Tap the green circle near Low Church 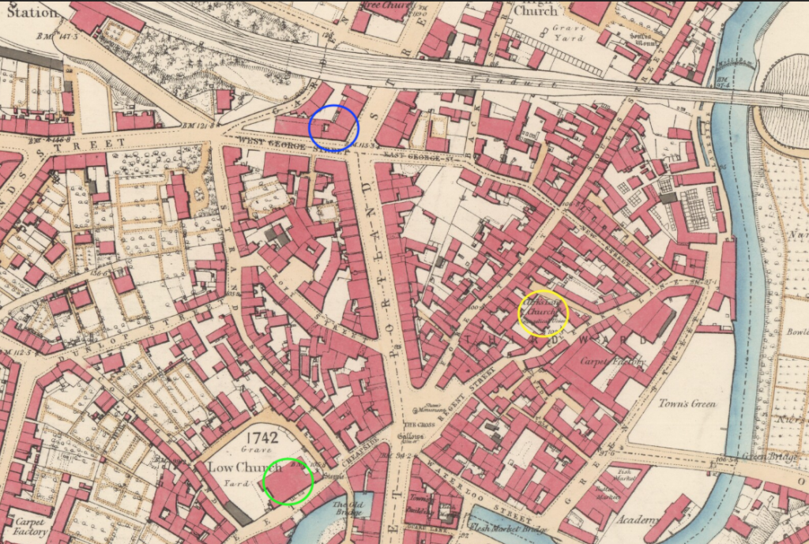coord(288,481)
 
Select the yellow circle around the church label coord(543,313)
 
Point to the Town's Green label coord(687,404)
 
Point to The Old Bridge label coord(348,508)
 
